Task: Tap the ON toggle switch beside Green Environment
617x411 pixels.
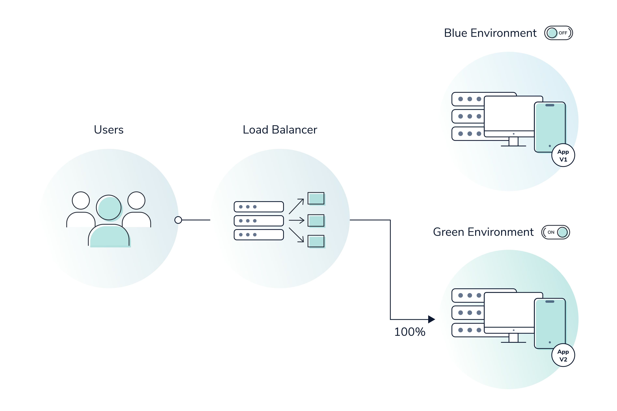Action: pos(555,232)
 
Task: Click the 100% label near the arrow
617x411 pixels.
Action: pos(409,332)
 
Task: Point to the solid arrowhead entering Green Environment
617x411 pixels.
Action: pos(431,319)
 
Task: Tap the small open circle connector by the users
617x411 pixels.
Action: pos(178,220)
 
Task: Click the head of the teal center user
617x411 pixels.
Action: pos(109,207)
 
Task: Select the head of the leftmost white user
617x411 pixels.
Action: pos(81,200)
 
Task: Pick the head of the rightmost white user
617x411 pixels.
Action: pos(136,200)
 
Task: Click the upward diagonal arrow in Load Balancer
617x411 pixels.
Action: pos(296,206)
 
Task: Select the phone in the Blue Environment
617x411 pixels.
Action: pos(550,127)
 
